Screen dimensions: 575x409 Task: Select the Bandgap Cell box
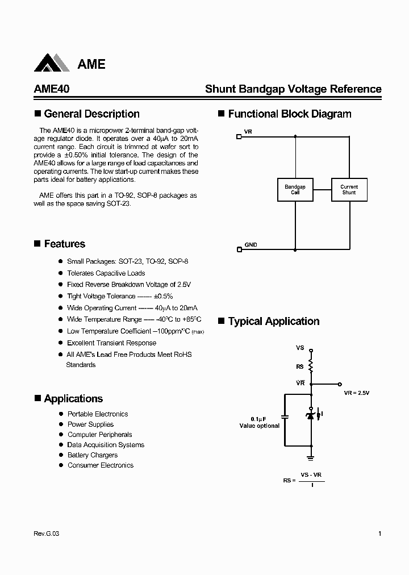pyautogui.click(x=295, y=189)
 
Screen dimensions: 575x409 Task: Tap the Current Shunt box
pyautogui.click(x=349, y=189)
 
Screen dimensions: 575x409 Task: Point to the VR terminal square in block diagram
pyautogui.click(x=239, y=136)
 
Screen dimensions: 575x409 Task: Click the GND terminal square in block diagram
pyautogui.click(x=239, y=249)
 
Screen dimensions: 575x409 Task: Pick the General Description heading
pyautogui.click(x=91, y=114)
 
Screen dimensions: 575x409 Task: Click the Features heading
pyautogui.click(x=64, y=244)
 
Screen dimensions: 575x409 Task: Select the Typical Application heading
pyautogui.click(x=273, y=322)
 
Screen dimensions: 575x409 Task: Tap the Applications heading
pyautogui.click(x=73, y=399)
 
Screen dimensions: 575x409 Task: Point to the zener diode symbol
pyautogui.click(x=311, y=415)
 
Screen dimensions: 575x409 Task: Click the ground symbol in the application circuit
pyautogui.click(x=311, y=456)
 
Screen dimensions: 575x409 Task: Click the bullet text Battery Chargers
pyautogui.click(x=93, y=455)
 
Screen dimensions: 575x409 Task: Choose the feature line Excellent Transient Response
pyautogui.click(x=111, y=343)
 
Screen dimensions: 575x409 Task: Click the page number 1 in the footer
pyautogui.click(x=379, y=534)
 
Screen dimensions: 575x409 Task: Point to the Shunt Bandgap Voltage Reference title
pyautogui.click(x=293, y=89)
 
